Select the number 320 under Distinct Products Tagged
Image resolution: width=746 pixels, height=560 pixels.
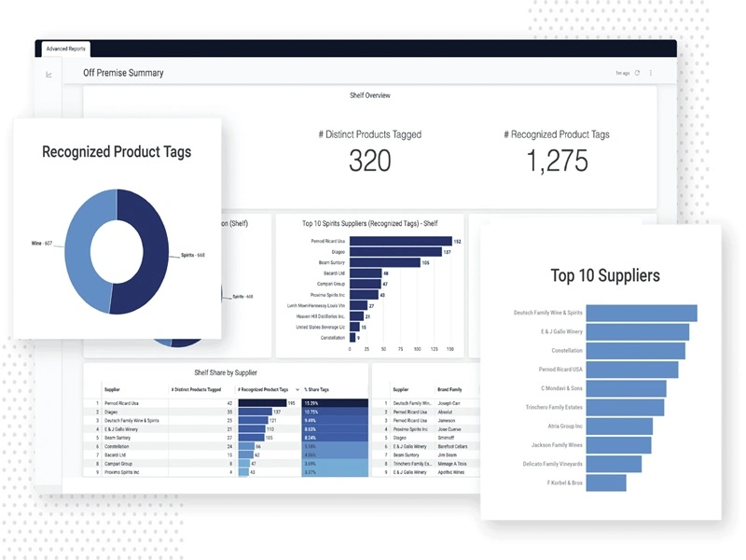pos(369,161)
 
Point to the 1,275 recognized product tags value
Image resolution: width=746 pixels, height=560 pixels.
pos(557,161)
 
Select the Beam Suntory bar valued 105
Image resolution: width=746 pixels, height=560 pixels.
pos(384,263)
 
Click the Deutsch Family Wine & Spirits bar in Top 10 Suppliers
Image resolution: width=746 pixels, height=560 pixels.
pos(642,313)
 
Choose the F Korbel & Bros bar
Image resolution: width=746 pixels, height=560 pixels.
pos(607,483)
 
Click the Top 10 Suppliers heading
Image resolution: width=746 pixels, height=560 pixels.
pos(605,275)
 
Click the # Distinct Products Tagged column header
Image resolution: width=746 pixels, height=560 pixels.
pos(196,389)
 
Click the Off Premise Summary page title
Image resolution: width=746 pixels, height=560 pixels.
pos(123,73)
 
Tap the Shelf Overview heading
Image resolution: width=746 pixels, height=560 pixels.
pos(369,95)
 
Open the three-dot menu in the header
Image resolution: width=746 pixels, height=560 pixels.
pos(651,73)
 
